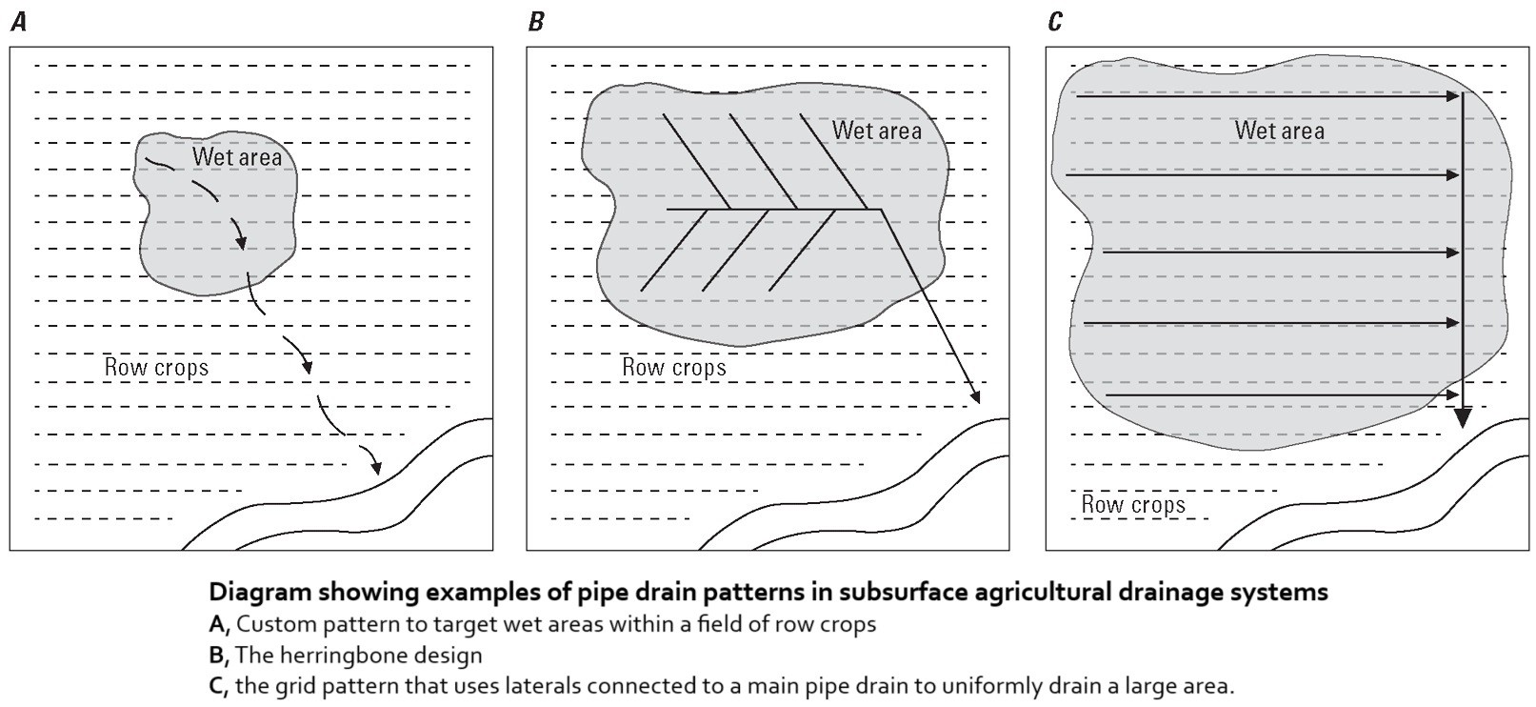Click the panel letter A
point(18,22)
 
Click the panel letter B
point(536,22)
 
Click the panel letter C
point(1054,22)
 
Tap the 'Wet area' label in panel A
point(237,156)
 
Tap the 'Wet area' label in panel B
point(877,131)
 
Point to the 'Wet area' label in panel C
point(1279,131)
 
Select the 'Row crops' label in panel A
point(156,368)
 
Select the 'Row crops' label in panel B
point(674,368)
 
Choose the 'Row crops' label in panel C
point(1133,505)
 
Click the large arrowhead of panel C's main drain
point(1463,417)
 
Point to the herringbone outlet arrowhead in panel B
point(976,396)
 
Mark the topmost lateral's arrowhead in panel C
point(1452,96)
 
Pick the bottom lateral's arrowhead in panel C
point(1452,394)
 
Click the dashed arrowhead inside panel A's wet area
point(242,244)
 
